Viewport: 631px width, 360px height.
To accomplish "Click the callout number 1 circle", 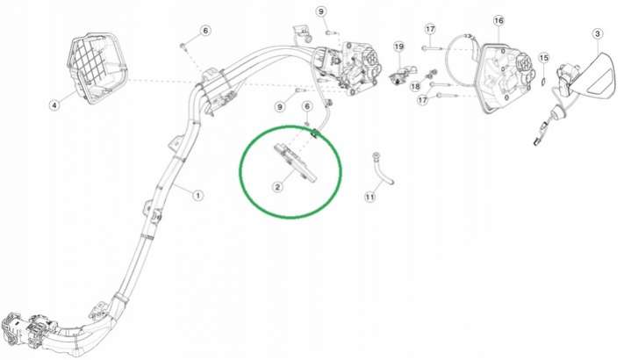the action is (x=197, y=196).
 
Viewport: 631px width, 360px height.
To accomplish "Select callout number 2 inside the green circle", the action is (x=277, y=187).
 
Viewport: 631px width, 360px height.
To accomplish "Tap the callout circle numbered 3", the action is (x=597, y=34).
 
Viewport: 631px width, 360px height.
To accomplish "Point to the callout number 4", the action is (x=54, y=105).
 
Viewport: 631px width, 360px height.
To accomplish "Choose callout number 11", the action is (x=369, y=197).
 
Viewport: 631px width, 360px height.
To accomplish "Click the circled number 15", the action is (x=543, y=58).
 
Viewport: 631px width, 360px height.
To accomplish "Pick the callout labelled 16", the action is (x=498, y=20).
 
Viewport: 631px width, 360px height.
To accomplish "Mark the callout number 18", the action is (x=416, y=87).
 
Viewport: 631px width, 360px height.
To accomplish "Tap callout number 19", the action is (x=398, y=47).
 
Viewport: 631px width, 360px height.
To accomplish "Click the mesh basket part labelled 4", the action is (x=97, y=68).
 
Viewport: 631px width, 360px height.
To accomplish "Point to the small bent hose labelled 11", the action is (x=383, y=169).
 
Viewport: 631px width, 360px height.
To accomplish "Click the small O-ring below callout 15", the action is (x=543, y=82).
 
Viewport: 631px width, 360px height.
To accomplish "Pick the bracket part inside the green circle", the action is (x=295, y=162).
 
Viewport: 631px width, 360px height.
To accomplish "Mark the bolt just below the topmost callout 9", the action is (x=331, y=32).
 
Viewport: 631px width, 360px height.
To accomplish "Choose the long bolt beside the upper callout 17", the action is (x=432, y=48).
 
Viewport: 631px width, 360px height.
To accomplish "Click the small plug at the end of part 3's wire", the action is (x=538, y=141).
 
